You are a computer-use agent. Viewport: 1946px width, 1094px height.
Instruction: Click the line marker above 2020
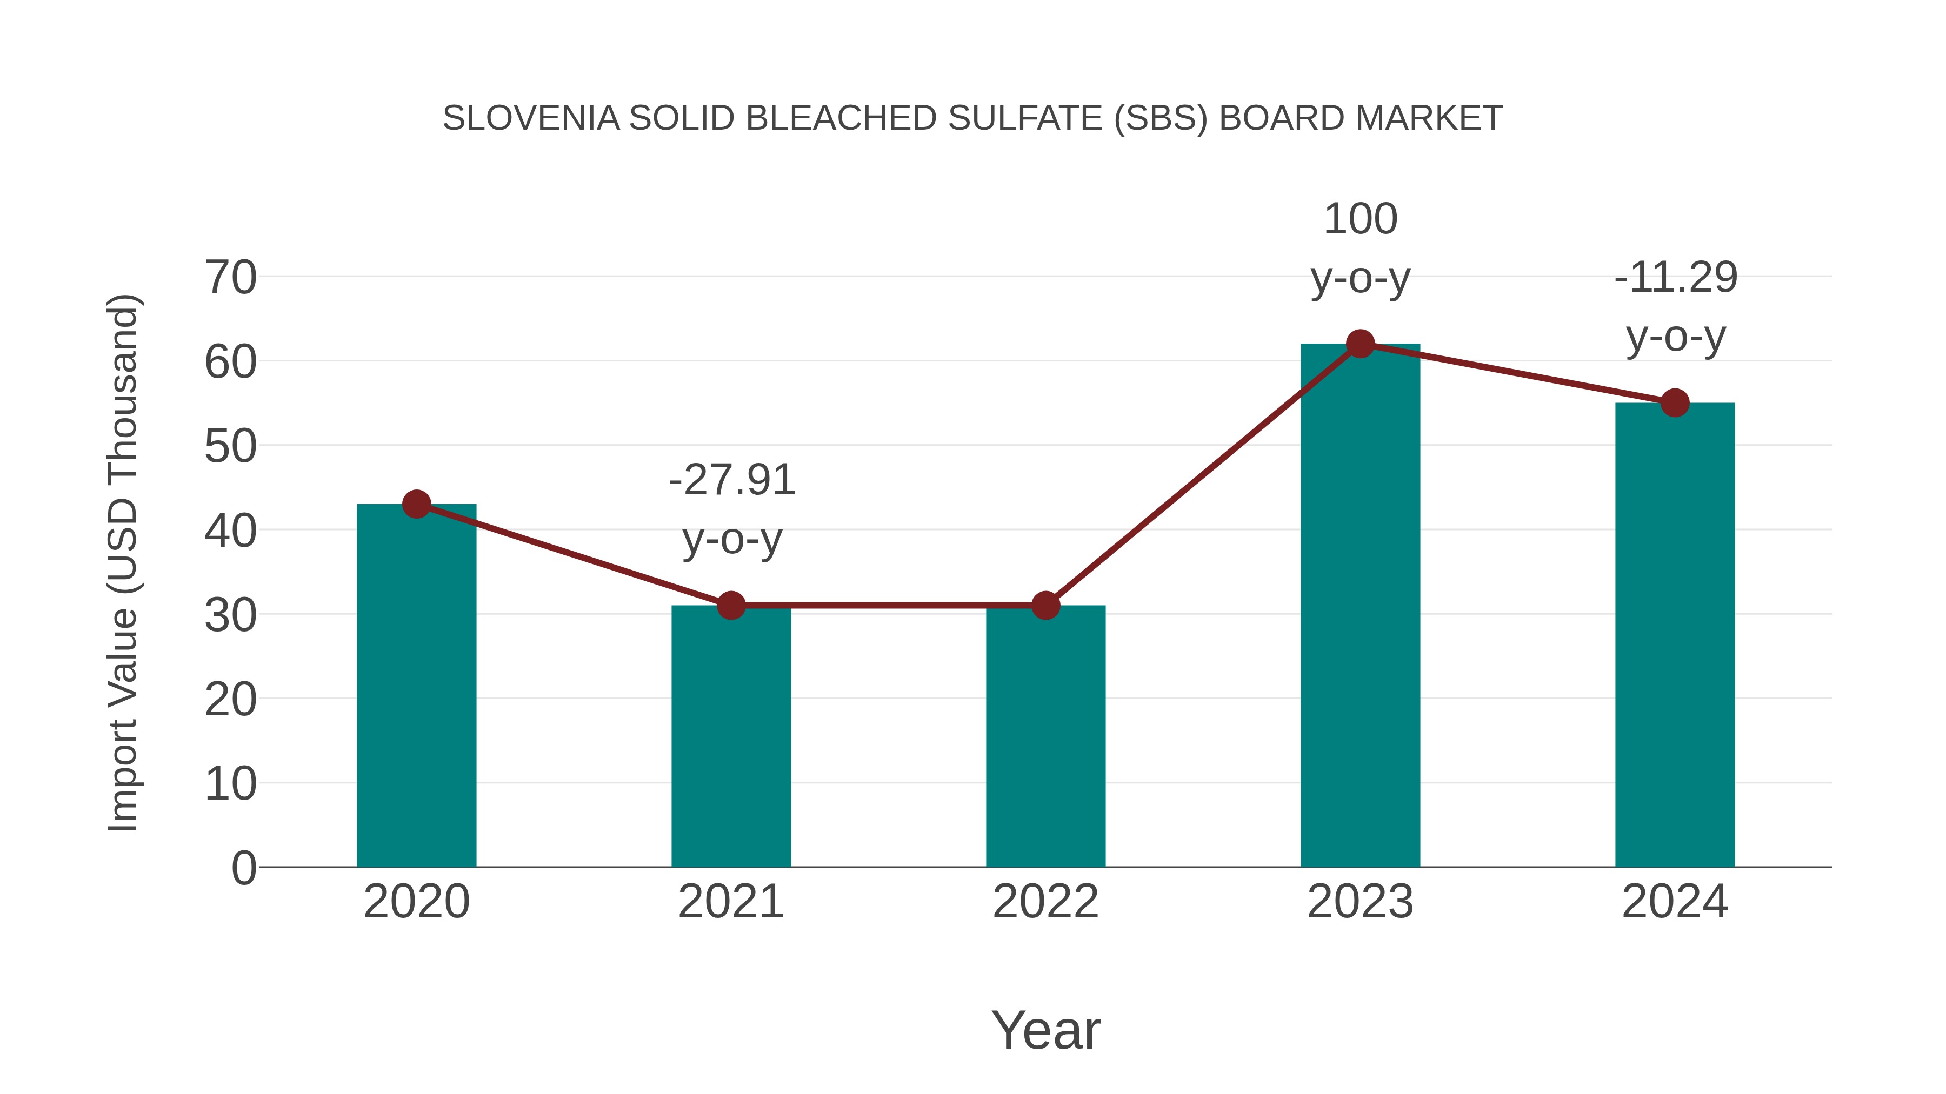[416, 505]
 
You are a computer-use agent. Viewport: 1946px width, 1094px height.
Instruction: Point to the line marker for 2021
[730, 606]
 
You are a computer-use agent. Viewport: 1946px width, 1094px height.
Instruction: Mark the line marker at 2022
[1045, 606]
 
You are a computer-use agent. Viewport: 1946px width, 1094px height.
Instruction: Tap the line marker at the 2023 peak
[1360, 344]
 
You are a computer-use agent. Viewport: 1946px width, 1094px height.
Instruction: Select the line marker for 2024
[1675, 403]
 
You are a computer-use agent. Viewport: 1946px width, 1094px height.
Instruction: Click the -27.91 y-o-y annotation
[732, 509]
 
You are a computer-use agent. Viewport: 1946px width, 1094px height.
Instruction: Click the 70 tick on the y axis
[230, 278]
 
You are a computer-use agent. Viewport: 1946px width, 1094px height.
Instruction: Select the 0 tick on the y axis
[243, 868]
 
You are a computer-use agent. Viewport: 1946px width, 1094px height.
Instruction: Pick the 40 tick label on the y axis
[230, 531]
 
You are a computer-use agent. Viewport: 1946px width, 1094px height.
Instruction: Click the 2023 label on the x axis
[1360, 902]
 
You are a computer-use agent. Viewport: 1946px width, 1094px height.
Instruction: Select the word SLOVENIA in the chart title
[530, 118]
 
